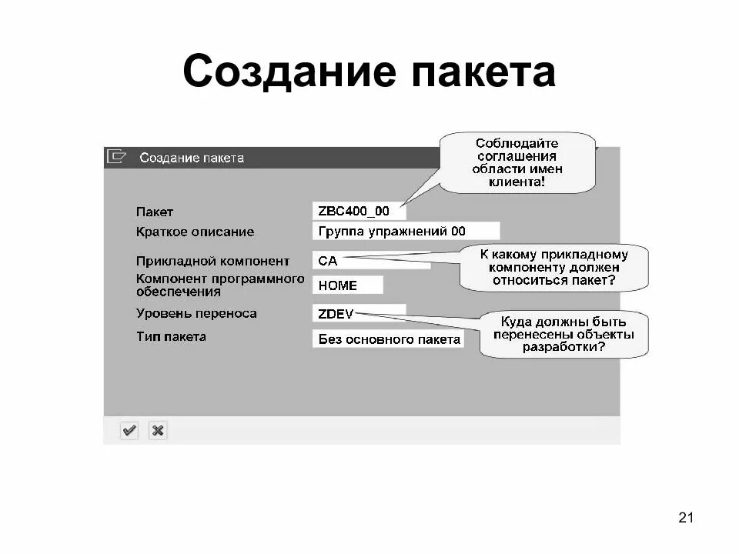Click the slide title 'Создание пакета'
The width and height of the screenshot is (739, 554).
[x=369, y=73]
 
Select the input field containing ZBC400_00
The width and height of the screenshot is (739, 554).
[x=359, y=211]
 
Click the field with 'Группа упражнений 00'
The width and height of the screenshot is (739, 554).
[x=406, y=231]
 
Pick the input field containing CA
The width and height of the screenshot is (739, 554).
[x=369, y=261]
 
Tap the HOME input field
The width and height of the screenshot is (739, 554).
[x=347, y=285]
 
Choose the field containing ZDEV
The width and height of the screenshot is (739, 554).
[x=359, y=314]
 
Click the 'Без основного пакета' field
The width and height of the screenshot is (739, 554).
[x=389, y=339]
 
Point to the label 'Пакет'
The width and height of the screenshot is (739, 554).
[x=155, y=212]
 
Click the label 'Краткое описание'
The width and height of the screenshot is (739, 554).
[x=195, y=232]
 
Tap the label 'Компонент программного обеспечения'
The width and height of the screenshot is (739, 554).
[x=220, y=285]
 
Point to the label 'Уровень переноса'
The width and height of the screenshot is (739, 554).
[x=196, y=314]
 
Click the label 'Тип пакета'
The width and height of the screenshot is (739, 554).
[x=171, y=337]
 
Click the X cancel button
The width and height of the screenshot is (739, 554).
[x=158, y=431]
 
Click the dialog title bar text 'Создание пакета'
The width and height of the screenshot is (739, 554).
[x=192, y=158]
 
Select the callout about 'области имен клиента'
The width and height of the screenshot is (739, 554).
[x=518, y=162]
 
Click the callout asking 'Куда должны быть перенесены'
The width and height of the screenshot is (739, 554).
[x=563, y=334]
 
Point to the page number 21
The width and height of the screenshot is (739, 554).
[x=686, y=517]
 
